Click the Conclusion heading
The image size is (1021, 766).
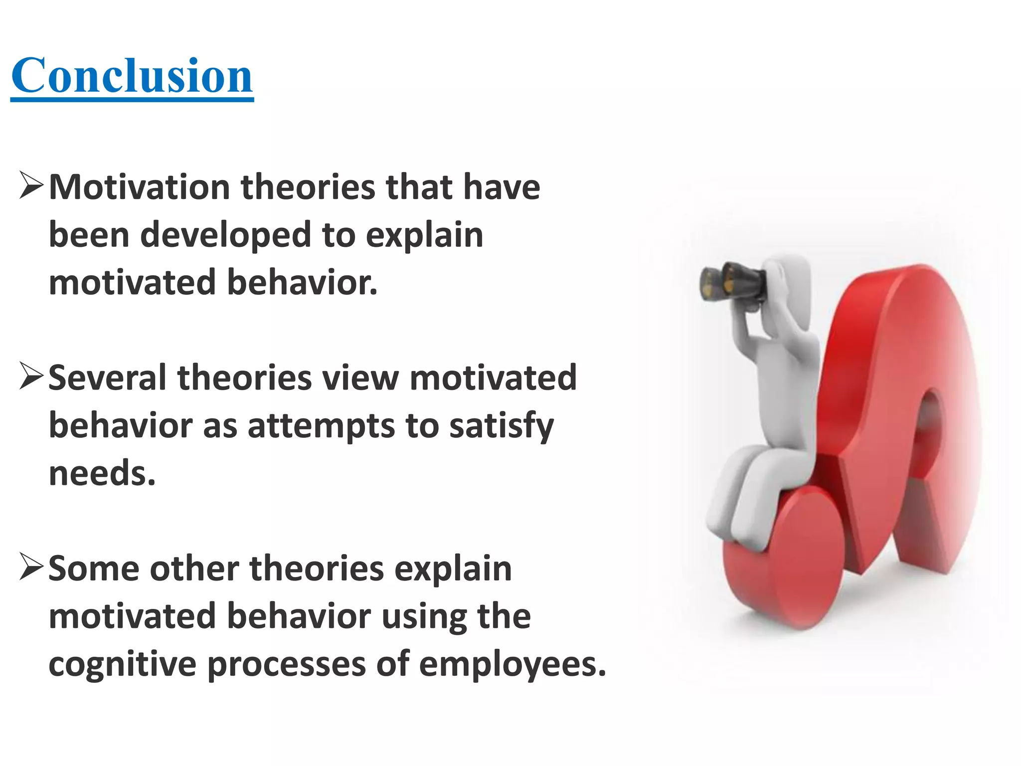132,76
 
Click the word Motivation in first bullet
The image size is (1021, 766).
139,188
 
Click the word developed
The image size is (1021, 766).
225,235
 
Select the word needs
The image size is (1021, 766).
102,473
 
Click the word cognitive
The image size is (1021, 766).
122,664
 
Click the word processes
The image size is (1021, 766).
286,664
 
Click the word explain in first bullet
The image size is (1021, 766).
424,235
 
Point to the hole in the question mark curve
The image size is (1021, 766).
930,424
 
